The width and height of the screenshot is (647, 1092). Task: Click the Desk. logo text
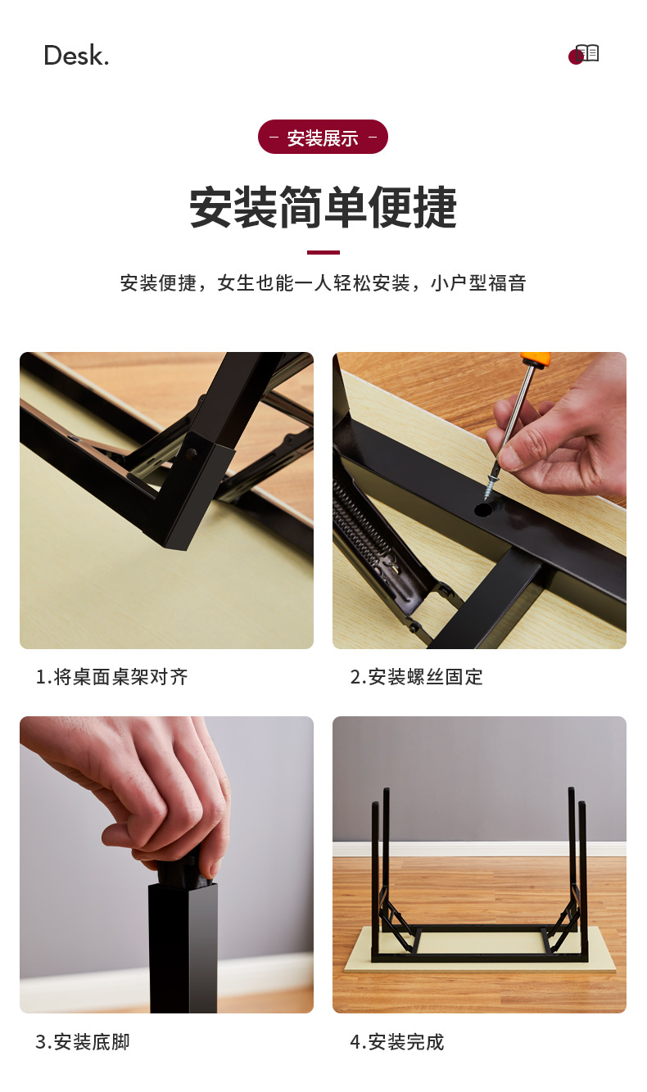[x=76, y=55]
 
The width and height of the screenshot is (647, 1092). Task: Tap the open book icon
[x=587, y=52]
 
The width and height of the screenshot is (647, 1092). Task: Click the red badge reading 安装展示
[x=323, y=137]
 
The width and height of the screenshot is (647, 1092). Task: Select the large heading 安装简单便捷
[x=323, y=207]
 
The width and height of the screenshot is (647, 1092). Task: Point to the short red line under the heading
[x=323, y=252]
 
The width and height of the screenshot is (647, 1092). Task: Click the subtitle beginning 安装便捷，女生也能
[x=323, y=283]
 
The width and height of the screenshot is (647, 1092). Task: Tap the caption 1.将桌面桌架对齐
[x=111, y=677]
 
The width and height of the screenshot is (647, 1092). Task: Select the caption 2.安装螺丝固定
[x=416, y=677]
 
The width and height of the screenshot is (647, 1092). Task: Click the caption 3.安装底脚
[x=83, y=1042]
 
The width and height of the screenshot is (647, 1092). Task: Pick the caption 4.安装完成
[x=397, y=1042]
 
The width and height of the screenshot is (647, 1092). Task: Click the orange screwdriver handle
[x=536, y=358]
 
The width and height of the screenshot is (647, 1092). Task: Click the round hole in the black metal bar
[x=482, y=510]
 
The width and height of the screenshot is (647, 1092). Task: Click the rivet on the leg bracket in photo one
[x=192, y=454]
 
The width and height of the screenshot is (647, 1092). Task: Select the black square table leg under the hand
[x=183, y=948]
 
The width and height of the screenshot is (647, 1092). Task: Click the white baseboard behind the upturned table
[x=479, y=849]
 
